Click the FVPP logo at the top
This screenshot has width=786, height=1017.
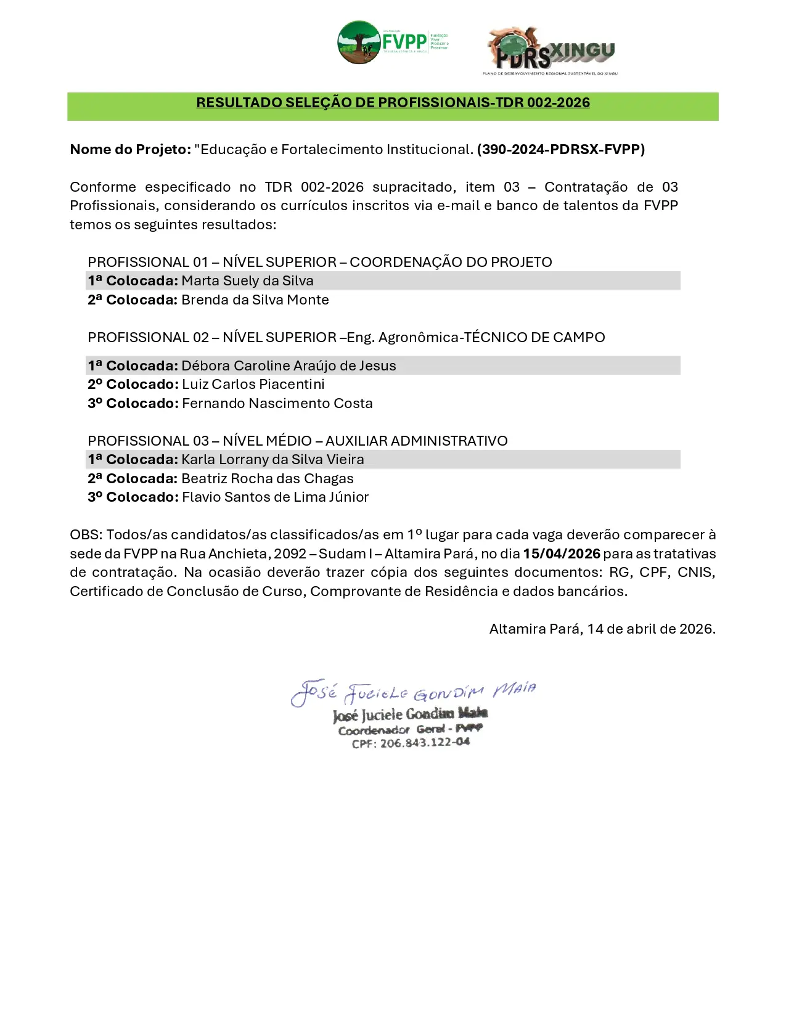(x=393, y=43)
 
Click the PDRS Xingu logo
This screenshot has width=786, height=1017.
(x=551, y=51)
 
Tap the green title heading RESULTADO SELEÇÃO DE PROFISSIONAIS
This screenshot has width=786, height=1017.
(x=393, y=103)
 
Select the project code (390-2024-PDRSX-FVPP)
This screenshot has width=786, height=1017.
(x=560, y=150)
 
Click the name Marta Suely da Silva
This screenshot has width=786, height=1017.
(x=247, y=281)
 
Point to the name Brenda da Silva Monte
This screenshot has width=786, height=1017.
(x=255, y=300)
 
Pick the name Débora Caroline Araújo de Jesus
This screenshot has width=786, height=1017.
(x=289, y=366)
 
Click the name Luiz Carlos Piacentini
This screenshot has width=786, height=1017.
(x=253, y=385)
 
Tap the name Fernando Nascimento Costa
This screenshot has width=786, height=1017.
(x=277, y=404)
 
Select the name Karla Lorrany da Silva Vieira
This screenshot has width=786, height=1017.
(x=272, y=460)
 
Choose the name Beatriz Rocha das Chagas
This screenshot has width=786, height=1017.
(x=268, y=479)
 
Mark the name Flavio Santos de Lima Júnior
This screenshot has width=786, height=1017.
(x=275, y=497)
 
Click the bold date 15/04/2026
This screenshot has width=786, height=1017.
(x=562, y=554)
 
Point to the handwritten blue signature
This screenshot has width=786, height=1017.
(x=413, y=692)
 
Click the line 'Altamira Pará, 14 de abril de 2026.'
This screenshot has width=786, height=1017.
(x=602, y=629)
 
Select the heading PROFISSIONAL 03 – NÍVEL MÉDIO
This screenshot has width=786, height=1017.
(x=297, y=441)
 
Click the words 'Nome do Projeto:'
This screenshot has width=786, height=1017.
(x=130, y=150)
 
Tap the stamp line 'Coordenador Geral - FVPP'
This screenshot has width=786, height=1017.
(x=410, y=730)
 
